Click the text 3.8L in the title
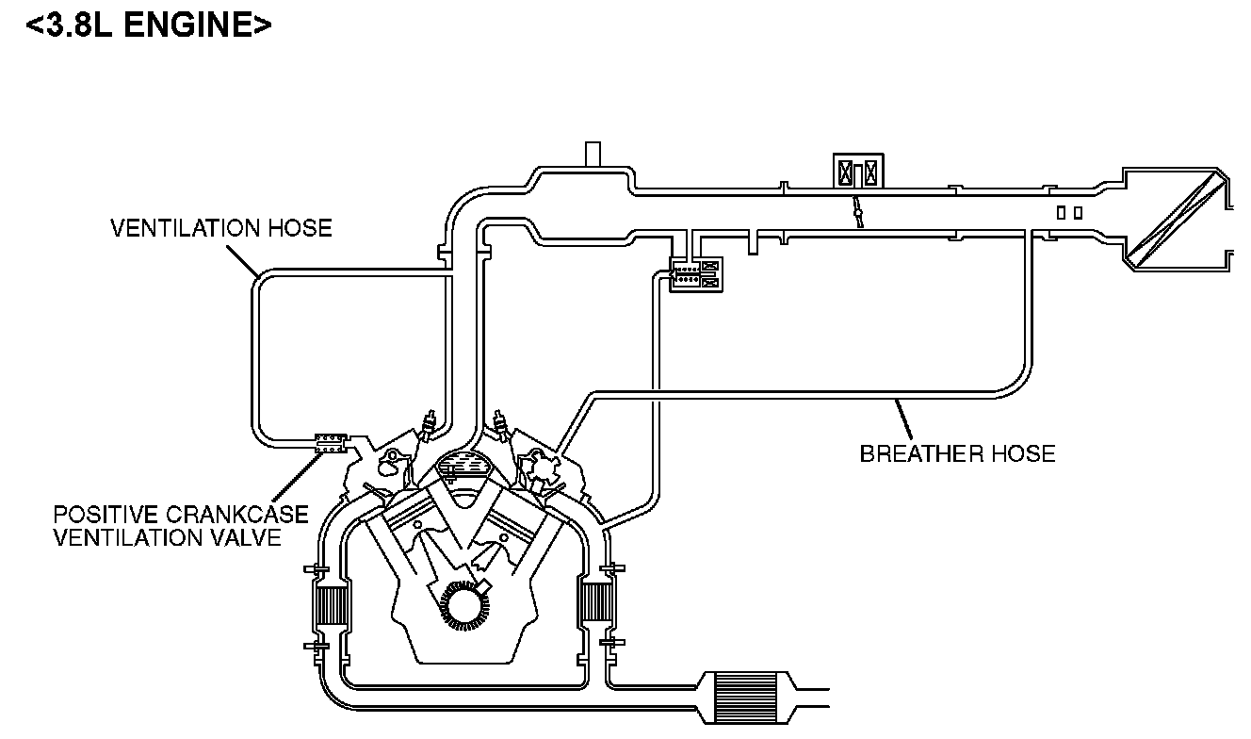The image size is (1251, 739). [x=77, y=25]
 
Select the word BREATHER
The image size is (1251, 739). [x=918, y=454]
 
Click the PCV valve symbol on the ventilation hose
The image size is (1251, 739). [x=330, y=442]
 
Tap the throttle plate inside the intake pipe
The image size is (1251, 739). [x=857, y=212]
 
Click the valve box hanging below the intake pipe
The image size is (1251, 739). [x=695, y=274]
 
